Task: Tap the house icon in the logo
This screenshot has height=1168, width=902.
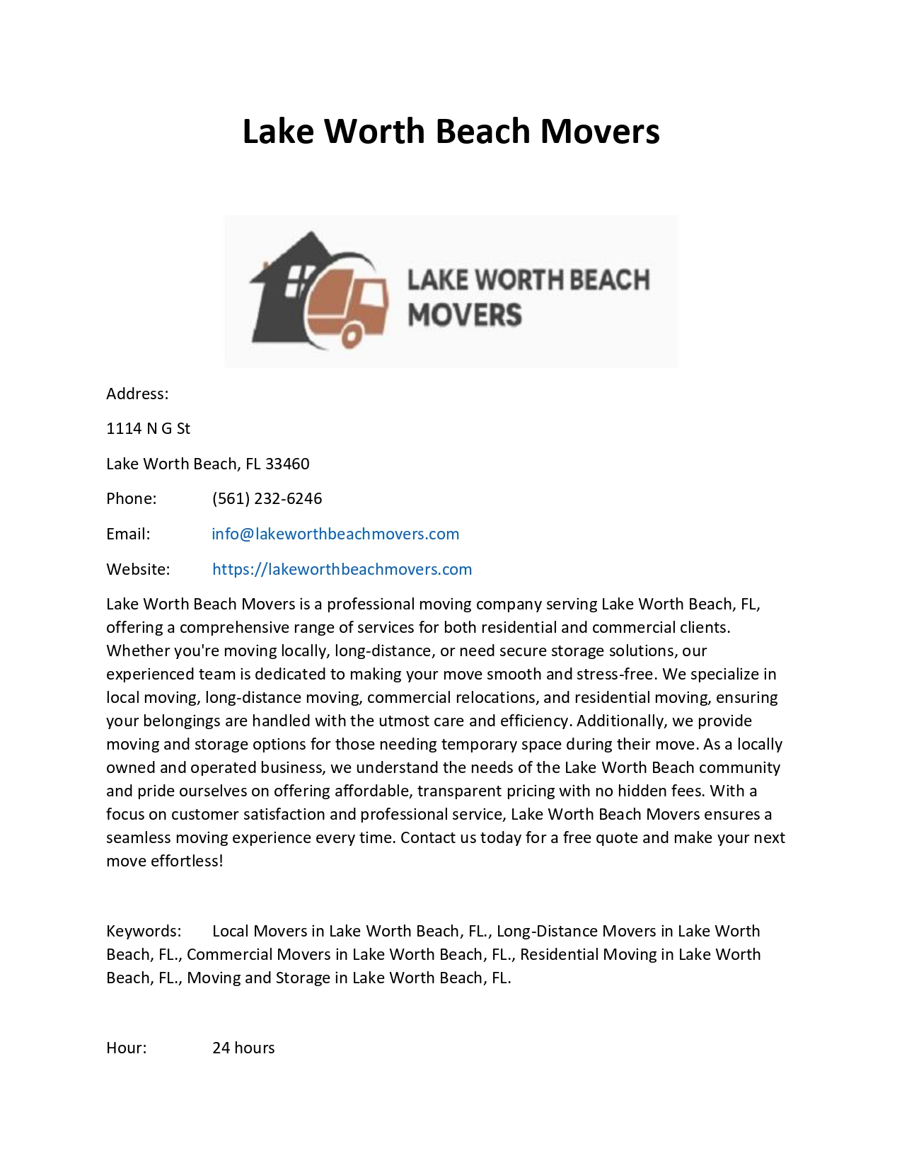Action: coord(283,290)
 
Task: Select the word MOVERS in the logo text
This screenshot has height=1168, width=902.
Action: coord(464,315)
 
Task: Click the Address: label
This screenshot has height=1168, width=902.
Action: coord(137,394)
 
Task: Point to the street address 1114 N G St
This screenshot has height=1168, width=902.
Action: coord(148,428)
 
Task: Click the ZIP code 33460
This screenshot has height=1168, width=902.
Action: coord(287,464)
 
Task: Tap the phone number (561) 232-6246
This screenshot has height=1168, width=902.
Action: coord(267,498)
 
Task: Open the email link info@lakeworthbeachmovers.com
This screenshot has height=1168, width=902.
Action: coord(335,534)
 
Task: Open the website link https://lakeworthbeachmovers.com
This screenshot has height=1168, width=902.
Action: coord(342,569)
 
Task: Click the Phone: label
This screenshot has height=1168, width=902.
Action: coord(131,498)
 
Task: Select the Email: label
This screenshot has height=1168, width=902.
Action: coord(128,534)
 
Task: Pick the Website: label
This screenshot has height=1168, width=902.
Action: coord(138,569)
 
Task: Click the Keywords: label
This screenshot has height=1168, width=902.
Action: coord(144,931)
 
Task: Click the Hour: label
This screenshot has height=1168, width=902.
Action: coord(127,1048)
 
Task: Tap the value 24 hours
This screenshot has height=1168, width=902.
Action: coord(243,1048)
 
